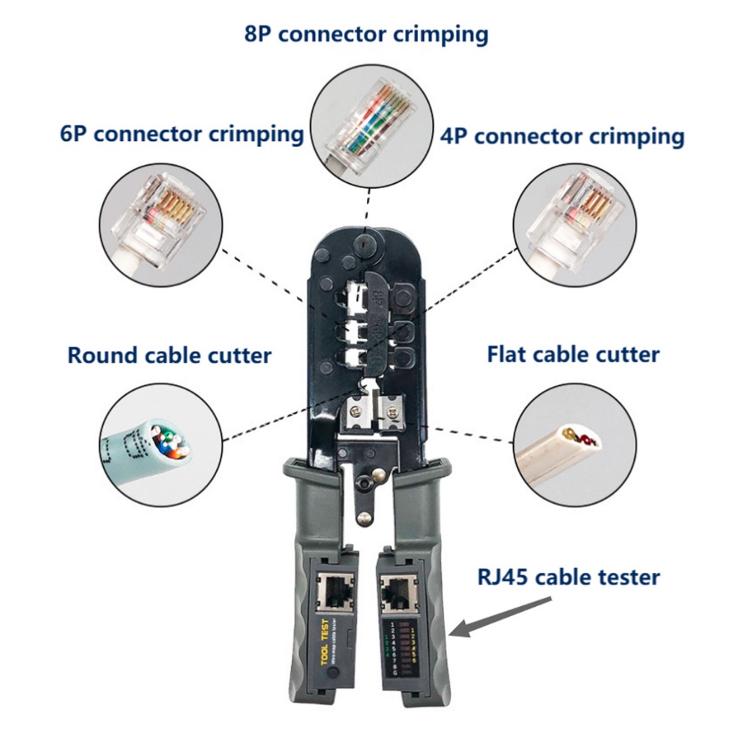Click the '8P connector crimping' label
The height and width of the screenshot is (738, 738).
(x=366, y=34)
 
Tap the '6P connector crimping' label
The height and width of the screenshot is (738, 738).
(x=182, y=134)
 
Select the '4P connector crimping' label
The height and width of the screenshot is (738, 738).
(x=561, y=135)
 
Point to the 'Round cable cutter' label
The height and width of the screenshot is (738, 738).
(x=169, y=355)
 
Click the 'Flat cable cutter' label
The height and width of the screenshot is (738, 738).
(x=573, y=354)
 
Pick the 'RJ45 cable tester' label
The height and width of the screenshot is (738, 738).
(x=569, y=577)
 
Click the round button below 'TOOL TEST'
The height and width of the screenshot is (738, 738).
(x=333, y=674)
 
